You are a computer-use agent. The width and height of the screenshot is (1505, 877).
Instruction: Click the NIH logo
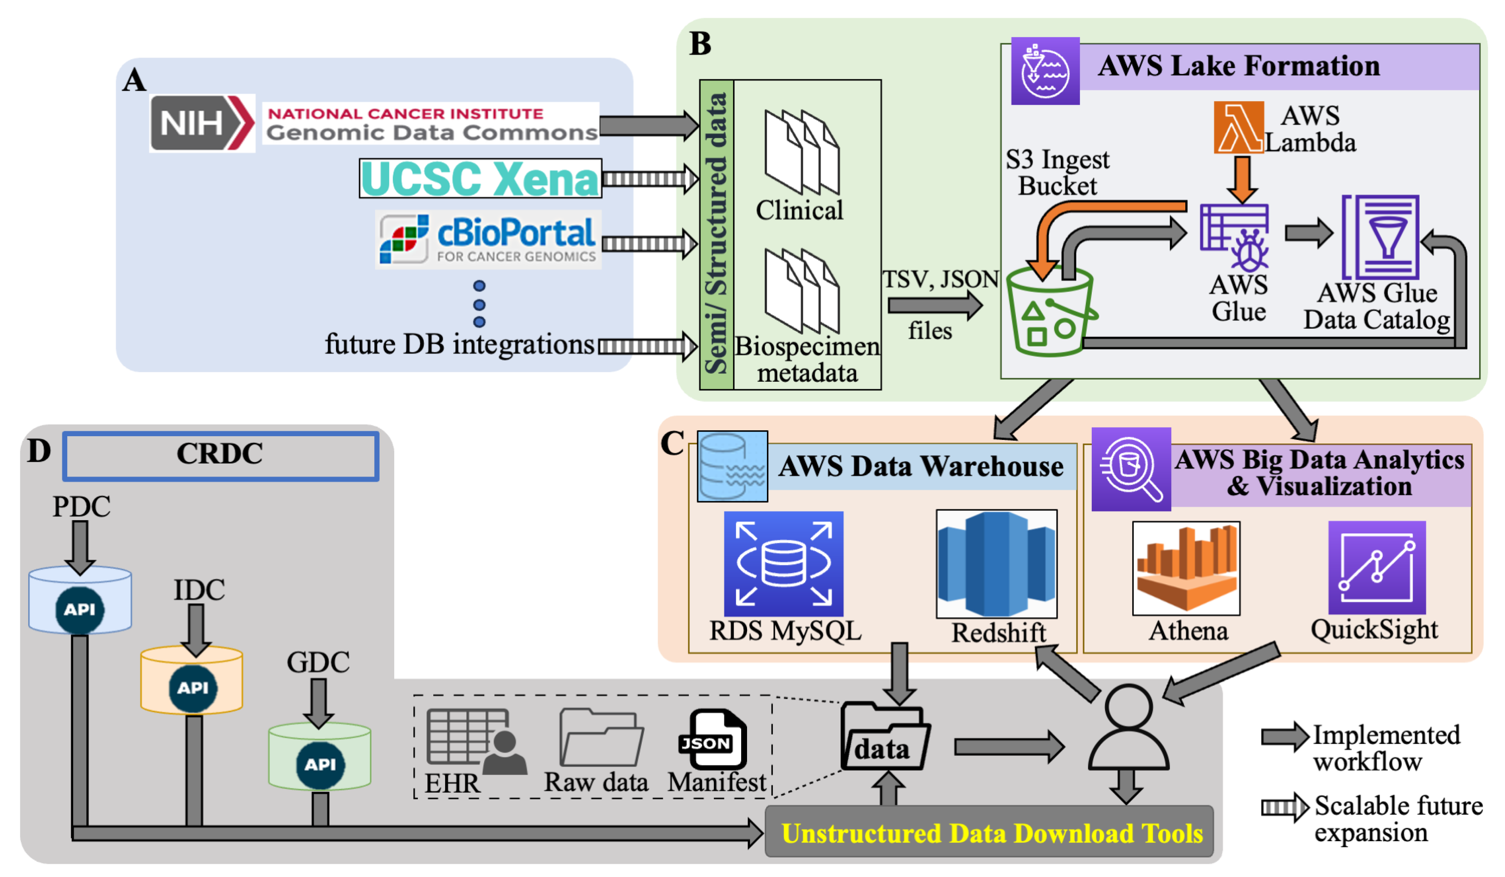[x=202, y=123]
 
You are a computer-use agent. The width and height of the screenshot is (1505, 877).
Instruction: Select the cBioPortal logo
[x=488, y=239]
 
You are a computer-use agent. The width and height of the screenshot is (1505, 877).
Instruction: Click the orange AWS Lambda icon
[x=1238, y=127]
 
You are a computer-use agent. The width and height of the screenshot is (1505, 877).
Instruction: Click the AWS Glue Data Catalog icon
[x=1380, y=237]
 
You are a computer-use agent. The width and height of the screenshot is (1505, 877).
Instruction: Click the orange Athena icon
[x=1186, y=568]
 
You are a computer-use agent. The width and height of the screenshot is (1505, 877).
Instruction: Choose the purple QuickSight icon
[x=1376, y=567]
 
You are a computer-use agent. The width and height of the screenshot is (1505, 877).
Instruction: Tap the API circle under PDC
[x=79, y=610]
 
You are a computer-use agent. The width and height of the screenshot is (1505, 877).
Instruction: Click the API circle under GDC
[x=320, y=765]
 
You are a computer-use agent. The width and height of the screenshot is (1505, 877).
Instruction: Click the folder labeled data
[x=885, y=737]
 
